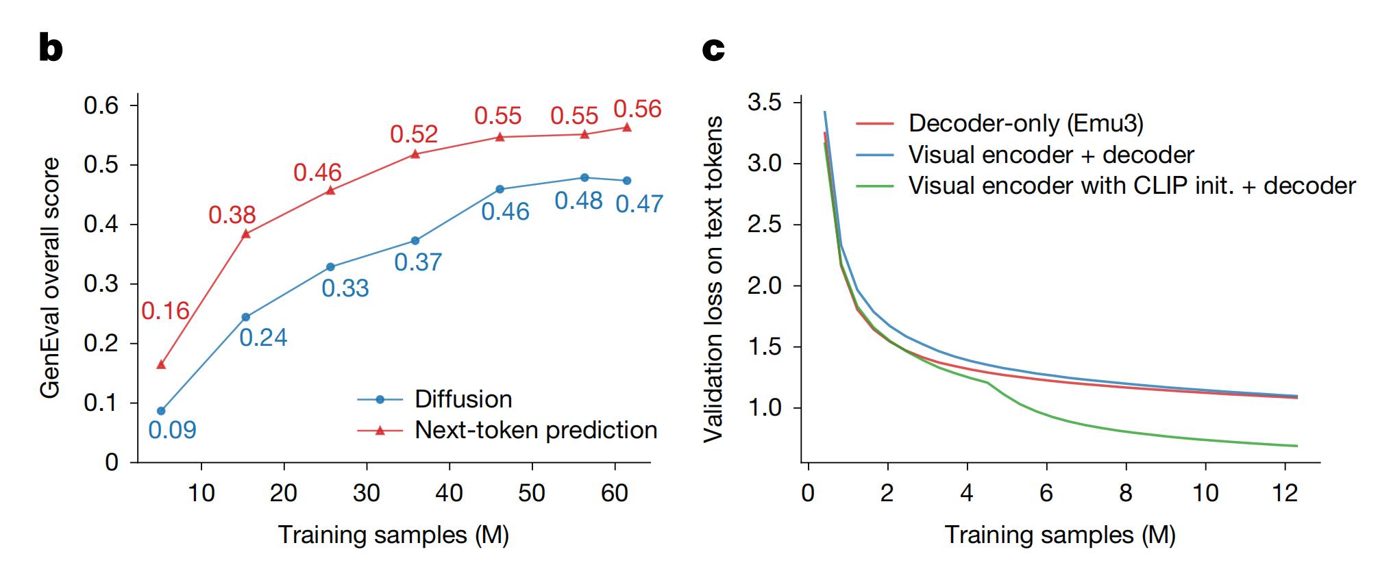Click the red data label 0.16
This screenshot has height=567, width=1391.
click(x=165, y=311)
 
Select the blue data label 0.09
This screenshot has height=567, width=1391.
click(x=172, y=430)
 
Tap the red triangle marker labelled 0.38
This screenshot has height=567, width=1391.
click(x=246, y=234)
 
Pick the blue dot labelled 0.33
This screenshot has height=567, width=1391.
click(x=330, y=267)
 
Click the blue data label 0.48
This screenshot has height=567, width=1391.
click(x=578, y=201)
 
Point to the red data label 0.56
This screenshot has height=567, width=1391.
click(x=637, y=110)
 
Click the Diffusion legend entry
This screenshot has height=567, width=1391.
click(x=463, y=399)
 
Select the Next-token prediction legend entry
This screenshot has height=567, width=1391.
click(x=536, y=430)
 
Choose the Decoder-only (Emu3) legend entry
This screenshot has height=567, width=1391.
click(x=1026, y=123)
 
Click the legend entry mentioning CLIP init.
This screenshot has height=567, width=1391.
click(x=1132, y=186)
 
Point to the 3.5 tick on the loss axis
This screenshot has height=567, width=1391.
click(x=765, y=103)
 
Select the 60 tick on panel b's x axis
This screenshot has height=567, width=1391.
click(x=615, y=493)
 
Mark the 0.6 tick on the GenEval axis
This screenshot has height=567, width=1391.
click(x=101, y=106)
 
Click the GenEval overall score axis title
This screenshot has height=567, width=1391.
click(x=50, y=277)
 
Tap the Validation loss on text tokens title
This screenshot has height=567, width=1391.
click(x=714, y=279)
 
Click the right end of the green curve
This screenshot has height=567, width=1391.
click(x=1296, y=446)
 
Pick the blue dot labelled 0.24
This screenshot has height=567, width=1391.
click(x=246, y=317)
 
